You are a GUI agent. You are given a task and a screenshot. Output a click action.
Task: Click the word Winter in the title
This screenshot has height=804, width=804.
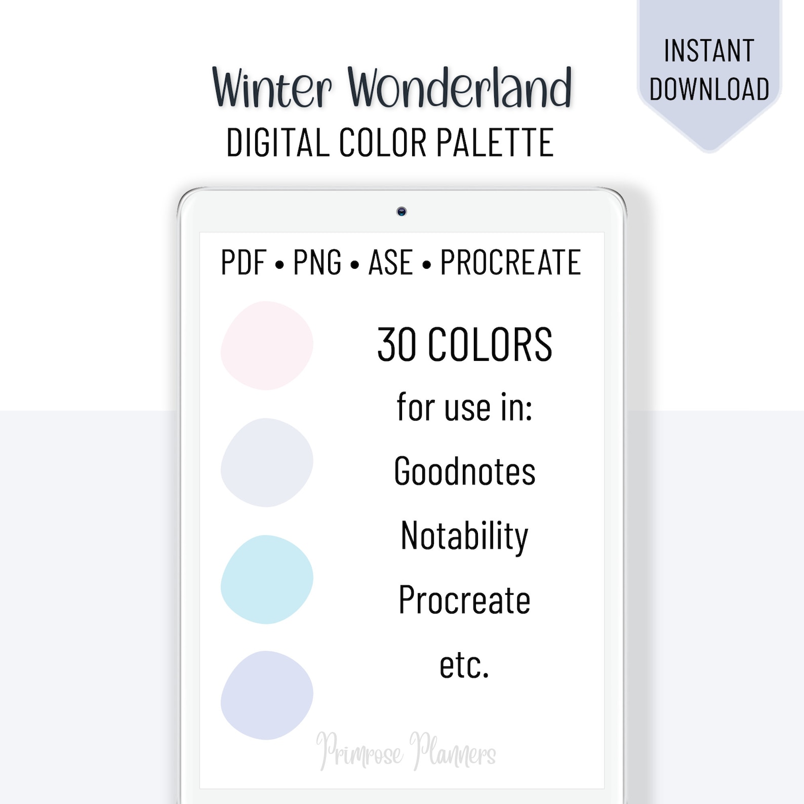point(271,89)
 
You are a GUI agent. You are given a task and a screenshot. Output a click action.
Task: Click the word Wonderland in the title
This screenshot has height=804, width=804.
point(460,88)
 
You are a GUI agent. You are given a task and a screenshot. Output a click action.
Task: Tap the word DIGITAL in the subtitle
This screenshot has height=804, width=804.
point(277,143)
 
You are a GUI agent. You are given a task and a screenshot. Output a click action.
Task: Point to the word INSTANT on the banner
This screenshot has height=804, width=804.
point(709,51)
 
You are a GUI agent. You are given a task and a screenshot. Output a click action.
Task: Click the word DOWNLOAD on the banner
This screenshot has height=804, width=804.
point(709,89)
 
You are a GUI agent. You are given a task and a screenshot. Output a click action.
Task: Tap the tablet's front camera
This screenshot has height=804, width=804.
point(401,212)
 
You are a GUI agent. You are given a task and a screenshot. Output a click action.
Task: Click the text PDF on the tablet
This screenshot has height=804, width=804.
point(244,262)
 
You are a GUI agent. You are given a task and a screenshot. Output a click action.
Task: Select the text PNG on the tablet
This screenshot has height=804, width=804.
point(317,262)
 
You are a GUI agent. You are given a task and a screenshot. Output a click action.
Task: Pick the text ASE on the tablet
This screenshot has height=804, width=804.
point(390,262)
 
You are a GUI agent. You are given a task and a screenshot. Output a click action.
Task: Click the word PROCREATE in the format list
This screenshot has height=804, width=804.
point(510,262)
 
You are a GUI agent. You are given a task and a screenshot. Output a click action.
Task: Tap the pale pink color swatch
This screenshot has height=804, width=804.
point(267,346)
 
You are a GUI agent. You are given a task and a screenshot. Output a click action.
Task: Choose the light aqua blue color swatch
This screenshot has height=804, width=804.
point(267,579)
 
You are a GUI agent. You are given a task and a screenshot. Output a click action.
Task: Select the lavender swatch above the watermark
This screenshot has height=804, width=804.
point(267,695)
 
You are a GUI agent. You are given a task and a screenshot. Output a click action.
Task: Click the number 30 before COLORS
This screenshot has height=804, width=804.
point(397,345)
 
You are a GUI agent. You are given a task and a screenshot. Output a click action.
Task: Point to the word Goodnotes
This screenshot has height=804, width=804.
point(464,471)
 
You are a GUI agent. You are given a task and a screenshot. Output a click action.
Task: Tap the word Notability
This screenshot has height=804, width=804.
point(464,536)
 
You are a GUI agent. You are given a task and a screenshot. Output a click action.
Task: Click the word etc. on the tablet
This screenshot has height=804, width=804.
point(464,665)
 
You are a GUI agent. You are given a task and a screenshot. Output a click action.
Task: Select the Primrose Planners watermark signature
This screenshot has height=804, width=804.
point(406,751)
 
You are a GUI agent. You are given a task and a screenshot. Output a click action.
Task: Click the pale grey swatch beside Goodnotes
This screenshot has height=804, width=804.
point(267,462)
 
